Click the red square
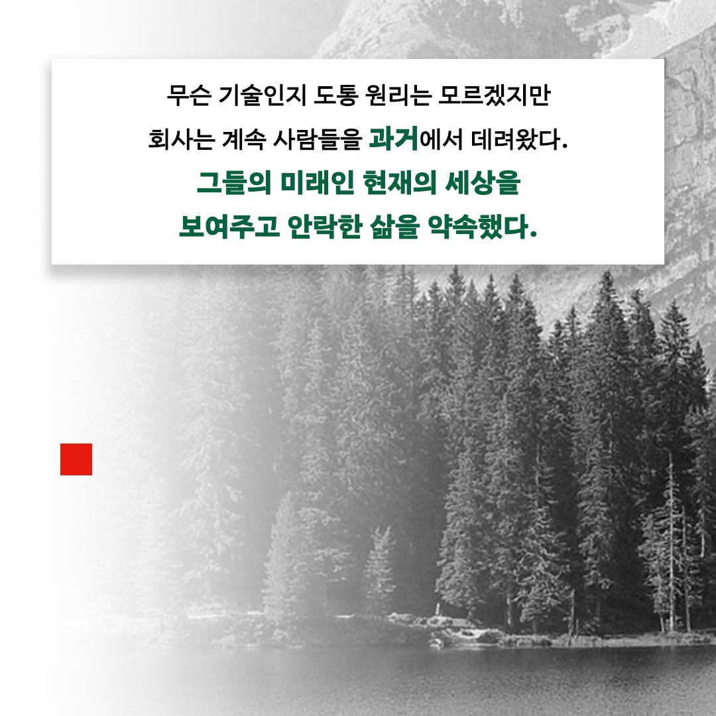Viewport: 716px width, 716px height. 76,459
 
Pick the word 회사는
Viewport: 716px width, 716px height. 181,139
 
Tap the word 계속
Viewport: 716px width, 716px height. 244,139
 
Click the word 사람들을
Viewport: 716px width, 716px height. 318,139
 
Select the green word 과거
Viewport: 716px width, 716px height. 394,138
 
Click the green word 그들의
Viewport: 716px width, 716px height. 234,182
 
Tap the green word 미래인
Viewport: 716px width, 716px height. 318,182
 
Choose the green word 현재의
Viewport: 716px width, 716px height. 400,182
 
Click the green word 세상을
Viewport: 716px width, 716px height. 483,182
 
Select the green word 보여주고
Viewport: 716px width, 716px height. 229,226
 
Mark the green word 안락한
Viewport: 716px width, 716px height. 325,226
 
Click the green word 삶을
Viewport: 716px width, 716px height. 394,226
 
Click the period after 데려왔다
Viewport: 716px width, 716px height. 565,147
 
